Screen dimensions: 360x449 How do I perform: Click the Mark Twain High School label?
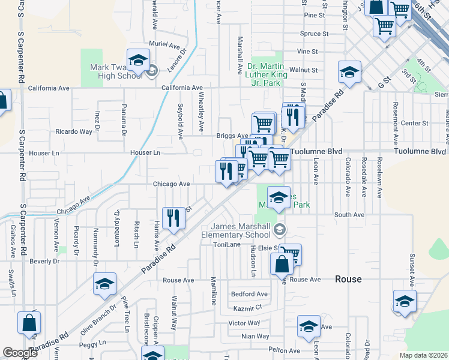pos(116,72)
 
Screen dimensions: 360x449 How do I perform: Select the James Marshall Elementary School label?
pos(240,230)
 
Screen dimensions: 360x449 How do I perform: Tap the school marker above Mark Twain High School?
pos(138,61)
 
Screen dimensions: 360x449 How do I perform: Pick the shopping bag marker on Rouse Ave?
pos(281,263)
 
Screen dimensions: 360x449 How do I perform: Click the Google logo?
pos(20,353)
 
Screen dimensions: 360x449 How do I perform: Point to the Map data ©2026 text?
pos(423,355)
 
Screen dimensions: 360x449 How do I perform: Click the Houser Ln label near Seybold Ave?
pos(146,153)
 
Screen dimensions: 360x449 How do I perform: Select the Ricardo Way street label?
pos(74,131)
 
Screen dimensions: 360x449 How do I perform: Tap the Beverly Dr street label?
pos(44,262)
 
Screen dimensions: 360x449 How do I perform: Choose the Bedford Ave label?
pos(249,294)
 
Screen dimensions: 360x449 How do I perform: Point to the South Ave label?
pos(349,214)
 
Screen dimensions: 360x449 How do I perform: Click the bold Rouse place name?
pos(348,280)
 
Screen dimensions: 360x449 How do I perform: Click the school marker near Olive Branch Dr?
pos(104,283)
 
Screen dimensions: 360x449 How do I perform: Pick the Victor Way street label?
pos(244,323)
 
